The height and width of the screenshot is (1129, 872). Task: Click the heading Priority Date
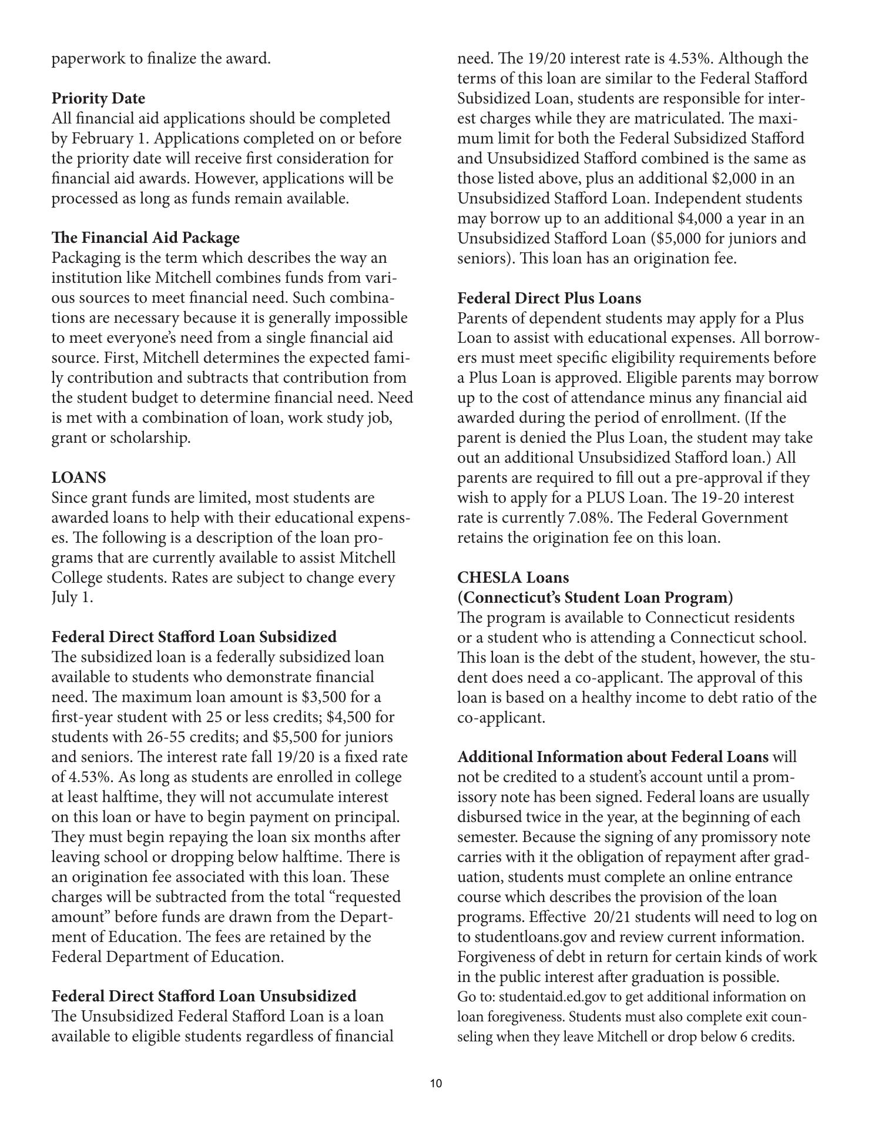tap(98, 98)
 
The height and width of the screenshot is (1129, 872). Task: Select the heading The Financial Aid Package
tap(145, 238)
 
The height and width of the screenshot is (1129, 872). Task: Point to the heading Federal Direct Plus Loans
tap(549, 298)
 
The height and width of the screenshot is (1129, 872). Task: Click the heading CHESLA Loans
tap(513, 577)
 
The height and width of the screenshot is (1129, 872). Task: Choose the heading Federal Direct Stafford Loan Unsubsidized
tap(203, 996)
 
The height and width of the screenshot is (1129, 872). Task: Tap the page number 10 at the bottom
tap(435, 1084)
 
